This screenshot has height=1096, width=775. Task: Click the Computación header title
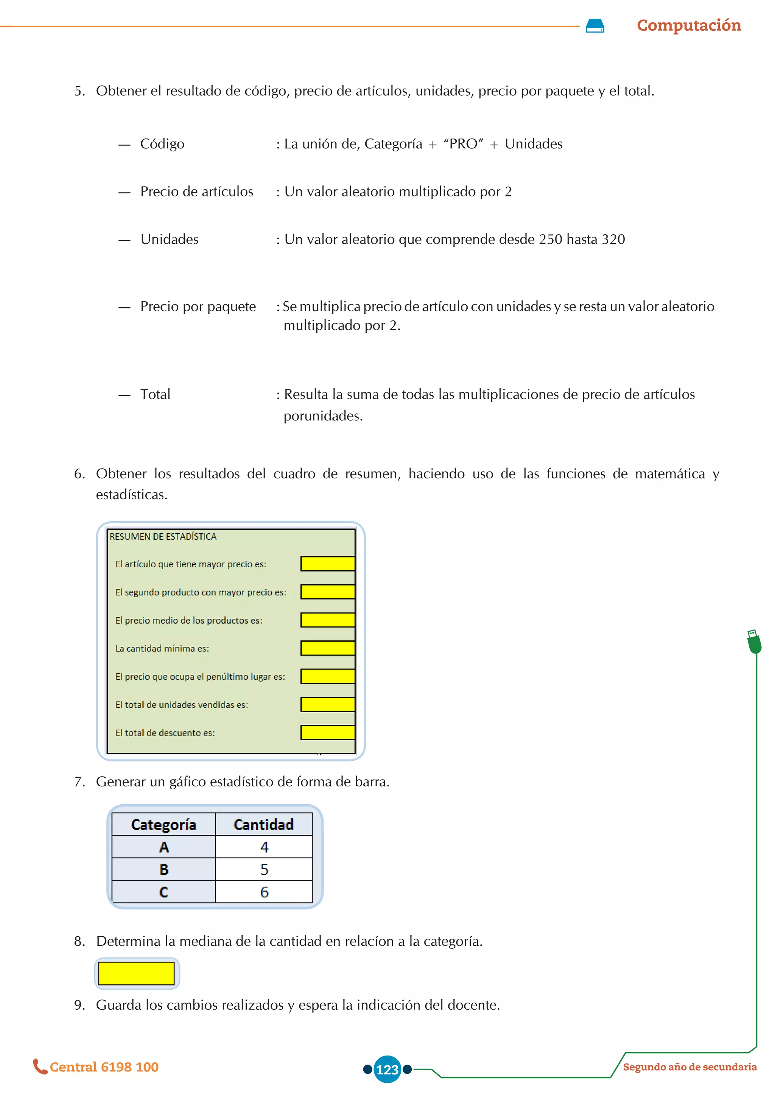[x=689, y=25]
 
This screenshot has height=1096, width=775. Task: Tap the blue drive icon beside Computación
[x=594, y=26]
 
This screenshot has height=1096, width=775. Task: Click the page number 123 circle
[x=387, y=1069]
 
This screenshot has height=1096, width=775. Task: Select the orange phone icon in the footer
[x=40, y=1066]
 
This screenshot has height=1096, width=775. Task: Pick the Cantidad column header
[x=263, y=824]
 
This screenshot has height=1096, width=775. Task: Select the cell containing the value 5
[x=264, y=869]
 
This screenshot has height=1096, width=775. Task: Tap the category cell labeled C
[x=164, y=892]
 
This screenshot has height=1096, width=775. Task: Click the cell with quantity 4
[x=264, y=847]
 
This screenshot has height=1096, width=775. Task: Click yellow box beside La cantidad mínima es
[x=327, y=648]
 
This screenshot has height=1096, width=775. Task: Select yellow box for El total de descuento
[x=327, y=732]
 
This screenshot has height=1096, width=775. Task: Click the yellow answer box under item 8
[x=137, y=973]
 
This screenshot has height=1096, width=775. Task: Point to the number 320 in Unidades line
[x=613, y=239]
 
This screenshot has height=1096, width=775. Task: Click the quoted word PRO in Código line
[x=463, y=144]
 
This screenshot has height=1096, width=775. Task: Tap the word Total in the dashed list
[x=155, y=394]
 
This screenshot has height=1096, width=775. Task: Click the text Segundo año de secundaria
[x=689, y=1067]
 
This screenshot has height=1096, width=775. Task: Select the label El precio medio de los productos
[x=188, y=620]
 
